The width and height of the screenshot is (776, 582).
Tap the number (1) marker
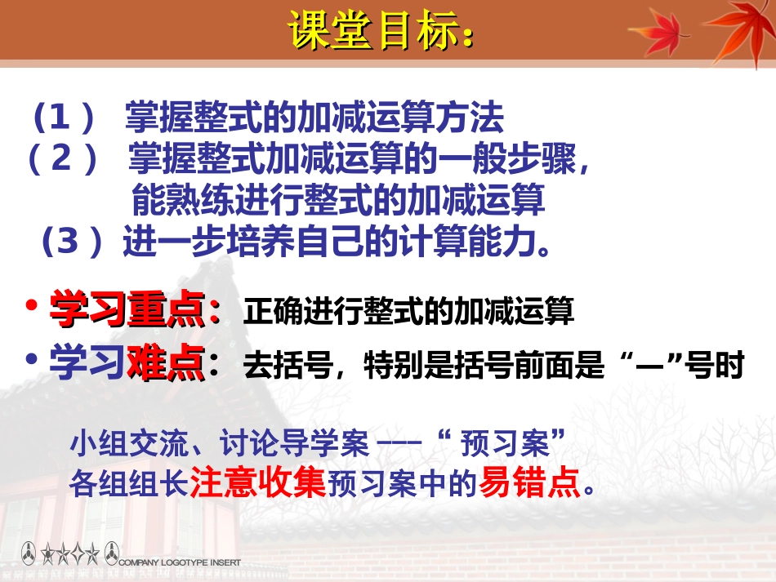(x=65, y=120)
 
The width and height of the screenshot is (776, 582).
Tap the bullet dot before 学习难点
(x=31, y=359)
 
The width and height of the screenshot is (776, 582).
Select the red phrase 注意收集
(x=258, y=484)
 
